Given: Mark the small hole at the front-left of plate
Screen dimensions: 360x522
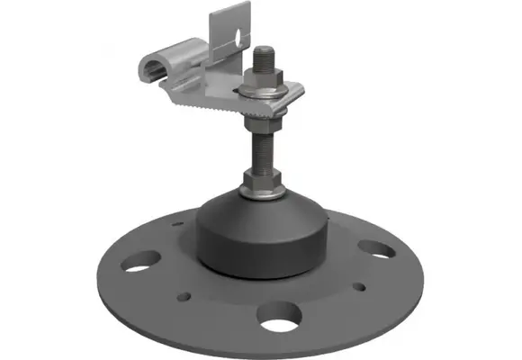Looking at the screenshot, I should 190,295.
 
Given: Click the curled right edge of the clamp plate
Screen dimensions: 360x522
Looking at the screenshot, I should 299,91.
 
